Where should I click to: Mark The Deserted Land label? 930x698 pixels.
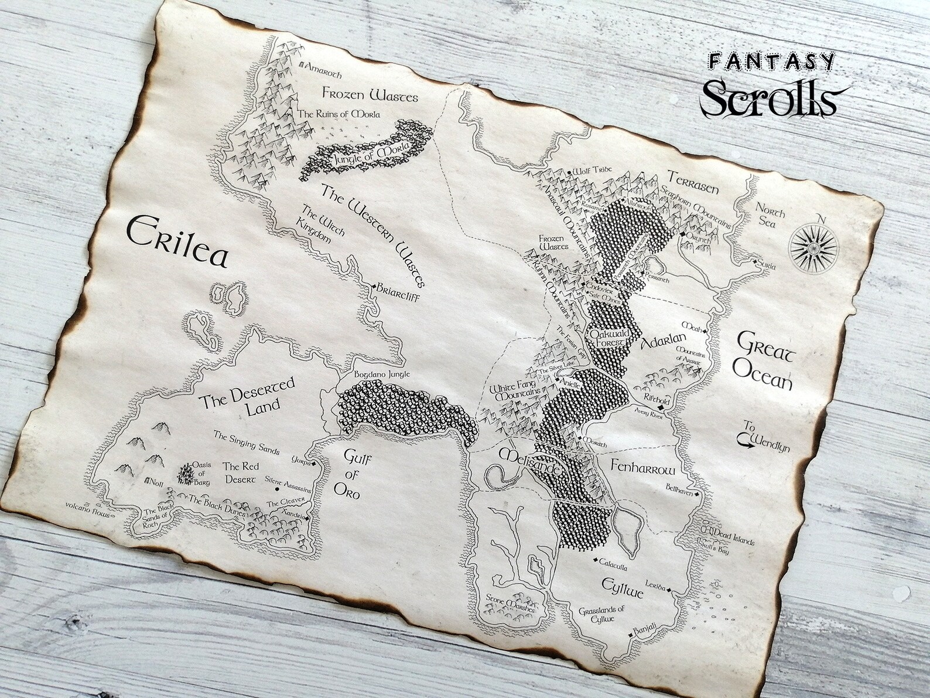coord(248,397)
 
